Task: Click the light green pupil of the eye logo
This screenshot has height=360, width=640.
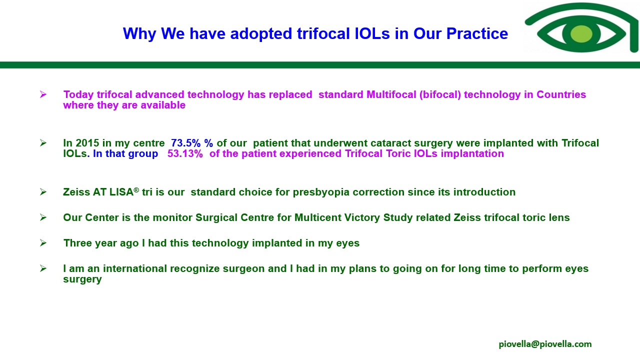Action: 581,33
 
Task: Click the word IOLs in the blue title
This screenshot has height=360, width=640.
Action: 372,33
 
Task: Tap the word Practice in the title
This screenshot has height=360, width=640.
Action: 477,33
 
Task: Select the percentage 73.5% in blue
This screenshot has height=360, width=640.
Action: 185,143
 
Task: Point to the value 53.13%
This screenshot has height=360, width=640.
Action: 185,153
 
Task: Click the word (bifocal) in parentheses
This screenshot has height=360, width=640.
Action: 440,94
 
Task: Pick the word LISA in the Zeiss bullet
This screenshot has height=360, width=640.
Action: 121,192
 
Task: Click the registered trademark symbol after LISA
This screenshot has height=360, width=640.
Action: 136,190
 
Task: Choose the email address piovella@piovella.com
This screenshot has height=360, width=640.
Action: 545,344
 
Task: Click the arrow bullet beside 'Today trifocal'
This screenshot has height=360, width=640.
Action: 43,94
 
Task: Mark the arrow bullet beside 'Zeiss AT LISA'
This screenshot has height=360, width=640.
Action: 43,191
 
